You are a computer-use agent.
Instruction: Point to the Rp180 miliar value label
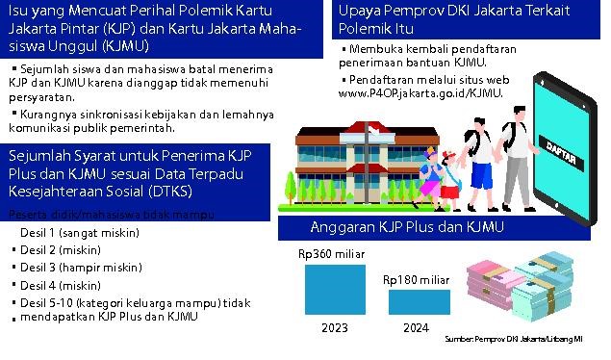(416, 279)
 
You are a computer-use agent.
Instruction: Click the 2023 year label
(335, 328)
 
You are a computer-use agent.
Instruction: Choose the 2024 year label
(416, 328)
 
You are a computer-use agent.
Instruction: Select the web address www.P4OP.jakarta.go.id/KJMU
(420, 93)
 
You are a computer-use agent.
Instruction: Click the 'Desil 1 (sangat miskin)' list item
(80, 233)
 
